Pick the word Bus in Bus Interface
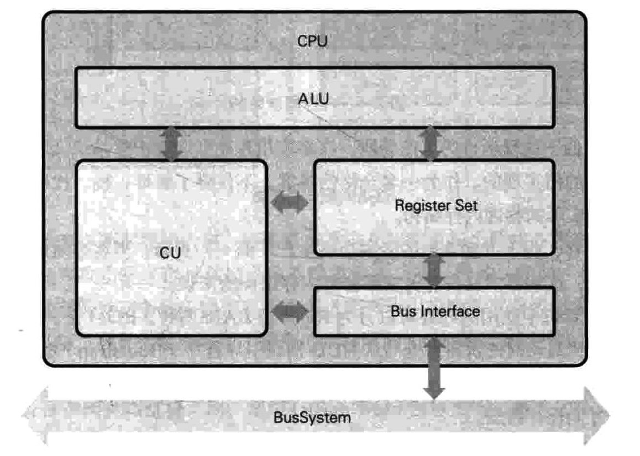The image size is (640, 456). click(402, 311)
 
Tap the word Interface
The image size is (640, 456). click(448, 311)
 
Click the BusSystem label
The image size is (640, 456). click(312, 417)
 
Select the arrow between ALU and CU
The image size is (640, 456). click(171, 144)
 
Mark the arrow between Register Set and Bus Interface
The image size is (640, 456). click(434, 271)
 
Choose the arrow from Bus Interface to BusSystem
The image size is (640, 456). click(434, 367)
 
